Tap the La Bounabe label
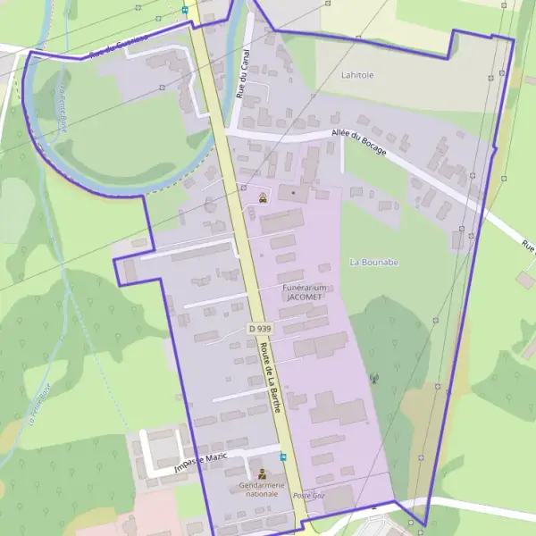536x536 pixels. pos(374,262)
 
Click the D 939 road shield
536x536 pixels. pos(259,329)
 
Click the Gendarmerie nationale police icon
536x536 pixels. pos(262,473)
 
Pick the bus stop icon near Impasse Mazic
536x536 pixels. pos(283,456)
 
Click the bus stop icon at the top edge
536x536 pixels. pos(185,10)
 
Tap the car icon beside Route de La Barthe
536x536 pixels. pos(262,199)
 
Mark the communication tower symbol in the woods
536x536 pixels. pos(375,379)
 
